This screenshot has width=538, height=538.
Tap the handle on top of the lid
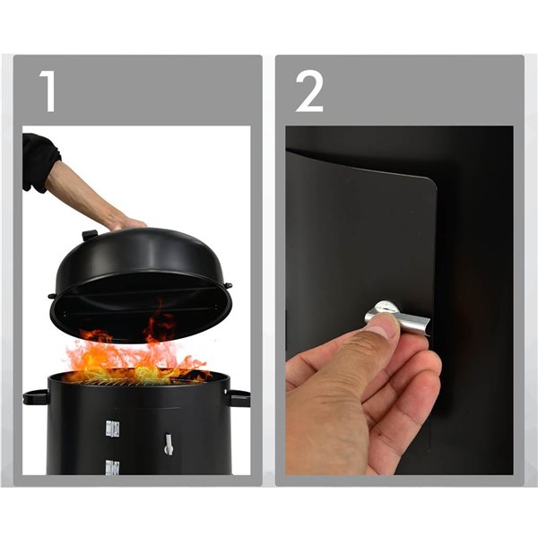(x=91, y=235)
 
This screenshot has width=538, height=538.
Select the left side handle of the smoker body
(x=36, y=396)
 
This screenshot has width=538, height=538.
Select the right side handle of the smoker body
(x=239, y=397)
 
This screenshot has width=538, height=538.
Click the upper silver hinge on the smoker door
(x=111, y=430)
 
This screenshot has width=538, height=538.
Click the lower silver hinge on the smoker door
(x=111, y=466)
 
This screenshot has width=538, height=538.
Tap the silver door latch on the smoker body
(x=168, y=442)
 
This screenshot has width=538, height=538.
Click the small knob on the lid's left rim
(x=52, y=294)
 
